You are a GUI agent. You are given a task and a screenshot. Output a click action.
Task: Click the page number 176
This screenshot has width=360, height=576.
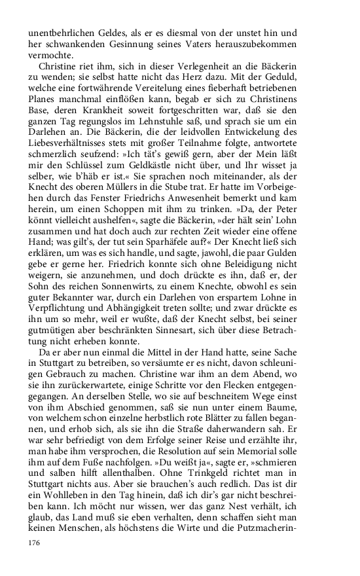35,543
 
